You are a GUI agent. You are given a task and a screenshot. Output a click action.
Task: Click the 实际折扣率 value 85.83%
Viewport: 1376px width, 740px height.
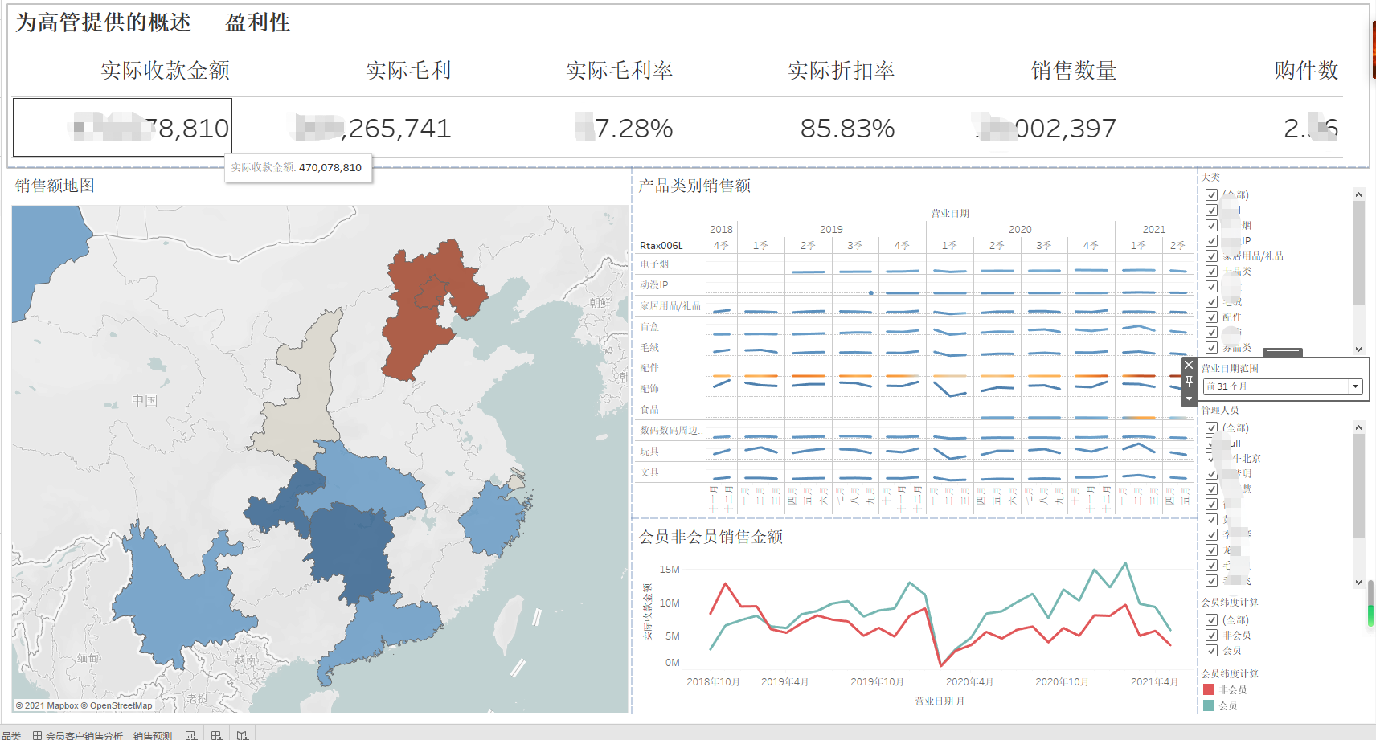click(847, 129)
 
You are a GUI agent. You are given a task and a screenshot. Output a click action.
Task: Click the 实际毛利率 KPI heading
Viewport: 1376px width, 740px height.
click(619, 71)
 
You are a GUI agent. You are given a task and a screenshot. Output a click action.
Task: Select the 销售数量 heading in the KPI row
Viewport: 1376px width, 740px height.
click(1074, 71)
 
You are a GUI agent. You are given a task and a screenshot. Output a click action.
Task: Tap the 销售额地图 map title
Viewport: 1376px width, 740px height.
click(55, 186)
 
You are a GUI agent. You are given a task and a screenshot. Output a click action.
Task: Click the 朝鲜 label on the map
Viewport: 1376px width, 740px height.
click(600, 303)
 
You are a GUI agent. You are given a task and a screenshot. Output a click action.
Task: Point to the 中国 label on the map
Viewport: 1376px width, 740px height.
click(145, 400)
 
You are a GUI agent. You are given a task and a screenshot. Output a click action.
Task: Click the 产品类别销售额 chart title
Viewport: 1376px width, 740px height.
click(694, 186)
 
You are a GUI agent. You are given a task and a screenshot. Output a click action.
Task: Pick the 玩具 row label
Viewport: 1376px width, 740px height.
click(649, 452)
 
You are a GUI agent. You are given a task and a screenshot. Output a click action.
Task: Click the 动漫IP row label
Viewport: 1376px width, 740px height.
click(653, 285)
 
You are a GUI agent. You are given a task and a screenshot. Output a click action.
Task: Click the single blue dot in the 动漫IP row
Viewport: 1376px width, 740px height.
click(871, 293)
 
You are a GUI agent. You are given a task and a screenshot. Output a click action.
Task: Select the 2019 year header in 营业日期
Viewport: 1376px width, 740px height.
click(831, 230)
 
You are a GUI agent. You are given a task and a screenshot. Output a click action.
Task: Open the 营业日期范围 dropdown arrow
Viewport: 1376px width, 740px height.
click(1355, 386)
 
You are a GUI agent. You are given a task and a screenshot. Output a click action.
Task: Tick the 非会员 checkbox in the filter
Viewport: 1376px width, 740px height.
click(1211, 636)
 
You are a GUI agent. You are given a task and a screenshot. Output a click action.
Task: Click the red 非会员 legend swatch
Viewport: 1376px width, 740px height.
click(1209, 689)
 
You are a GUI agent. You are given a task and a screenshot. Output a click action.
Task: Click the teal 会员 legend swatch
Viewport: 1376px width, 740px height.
click(1209, 705)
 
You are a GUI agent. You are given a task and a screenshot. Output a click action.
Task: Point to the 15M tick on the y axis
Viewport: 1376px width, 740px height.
click(670, 570)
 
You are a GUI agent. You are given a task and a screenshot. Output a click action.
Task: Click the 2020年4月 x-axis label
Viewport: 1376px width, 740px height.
click(969, 682)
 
